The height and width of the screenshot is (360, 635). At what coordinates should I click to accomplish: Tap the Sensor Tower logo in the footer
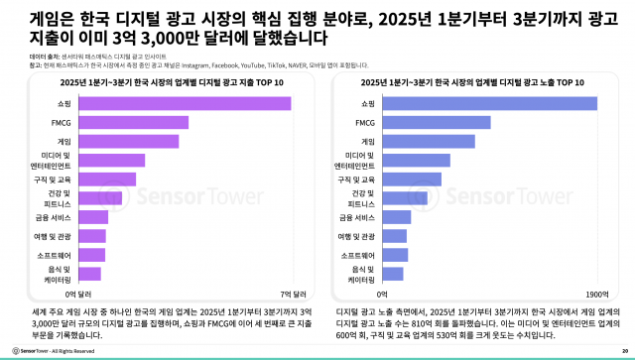pos(30,349)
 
